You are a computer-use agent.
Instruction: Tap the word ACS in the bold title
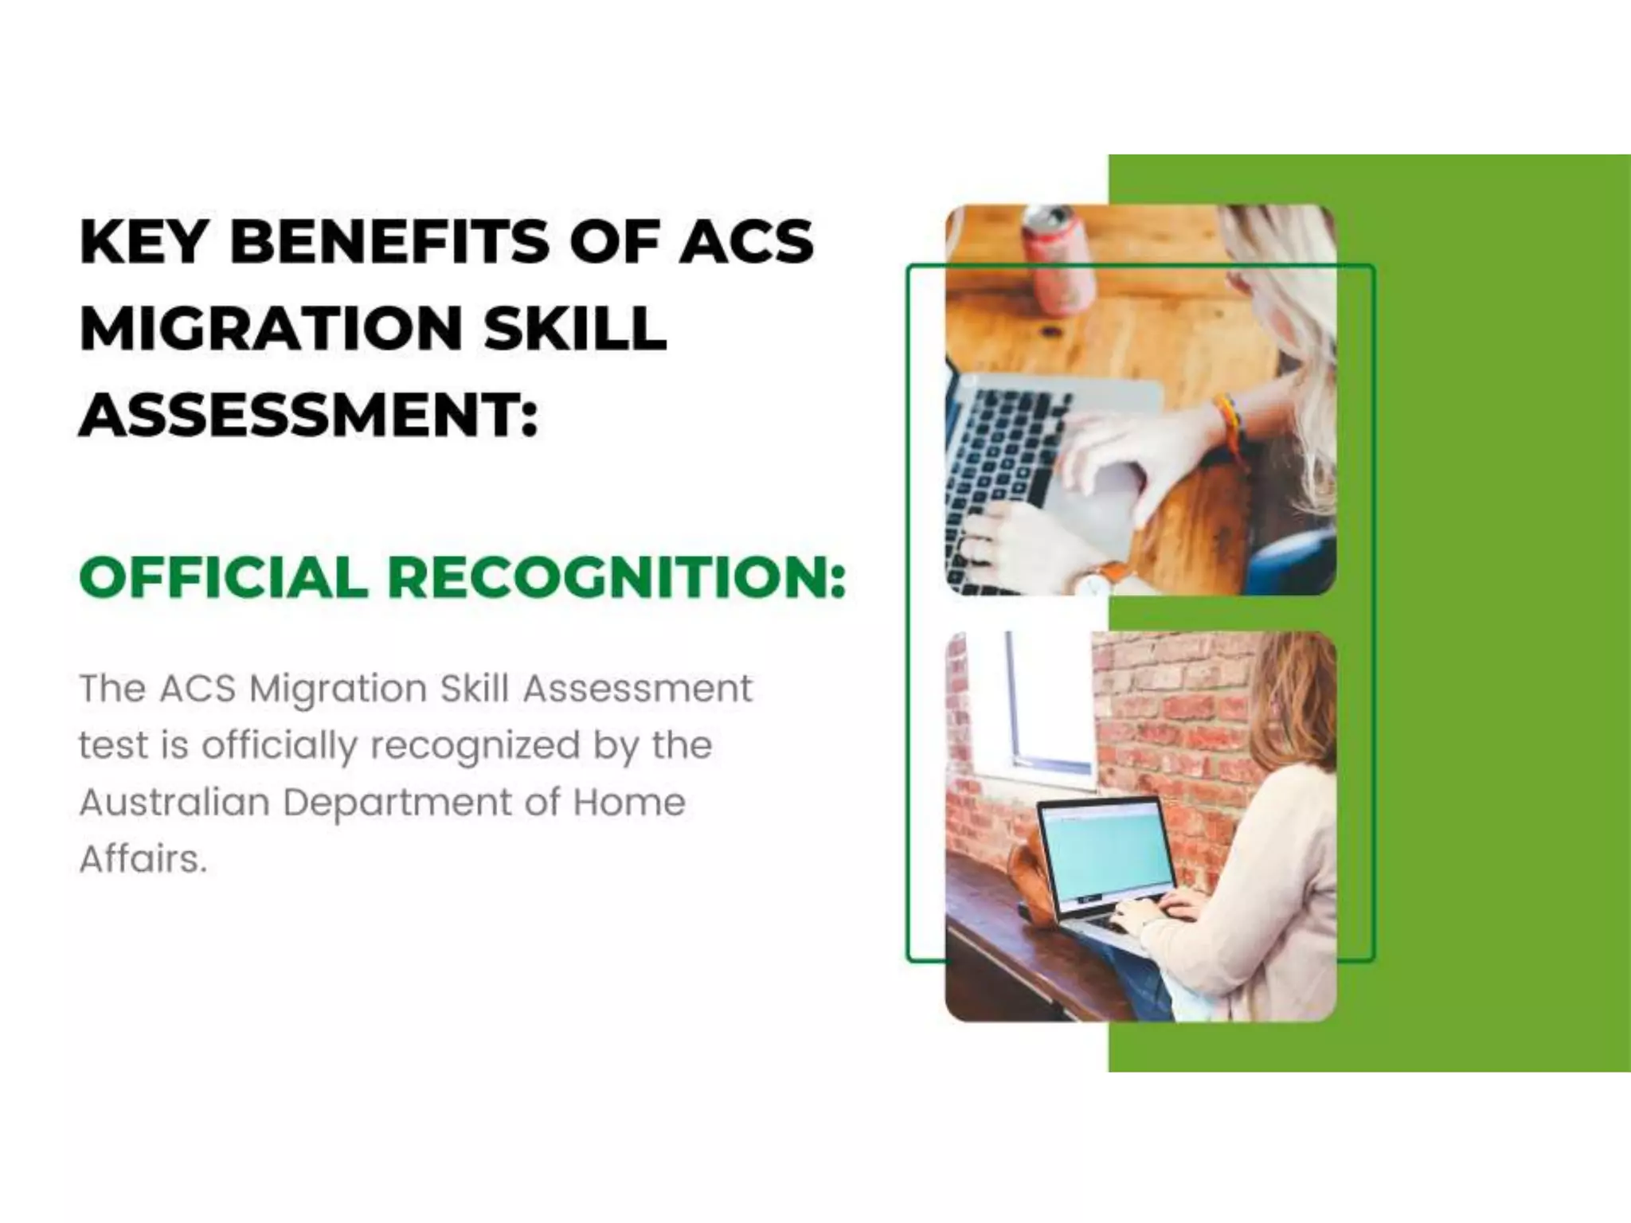pos(746,241)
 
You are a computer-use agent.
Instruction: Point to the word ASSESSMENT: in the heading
pos(309,415)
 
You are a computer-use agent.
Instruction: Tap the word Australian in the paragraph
pos(174,802)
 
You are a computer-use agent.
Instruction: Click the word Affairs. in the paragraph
pos(143,859)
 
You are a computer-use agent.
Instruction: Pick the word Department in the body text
pos(397,803)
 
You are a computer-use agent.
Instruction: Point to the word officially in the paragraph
pos(280,746)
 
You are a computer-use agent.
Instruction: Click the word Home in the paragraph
pos(629,802)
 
